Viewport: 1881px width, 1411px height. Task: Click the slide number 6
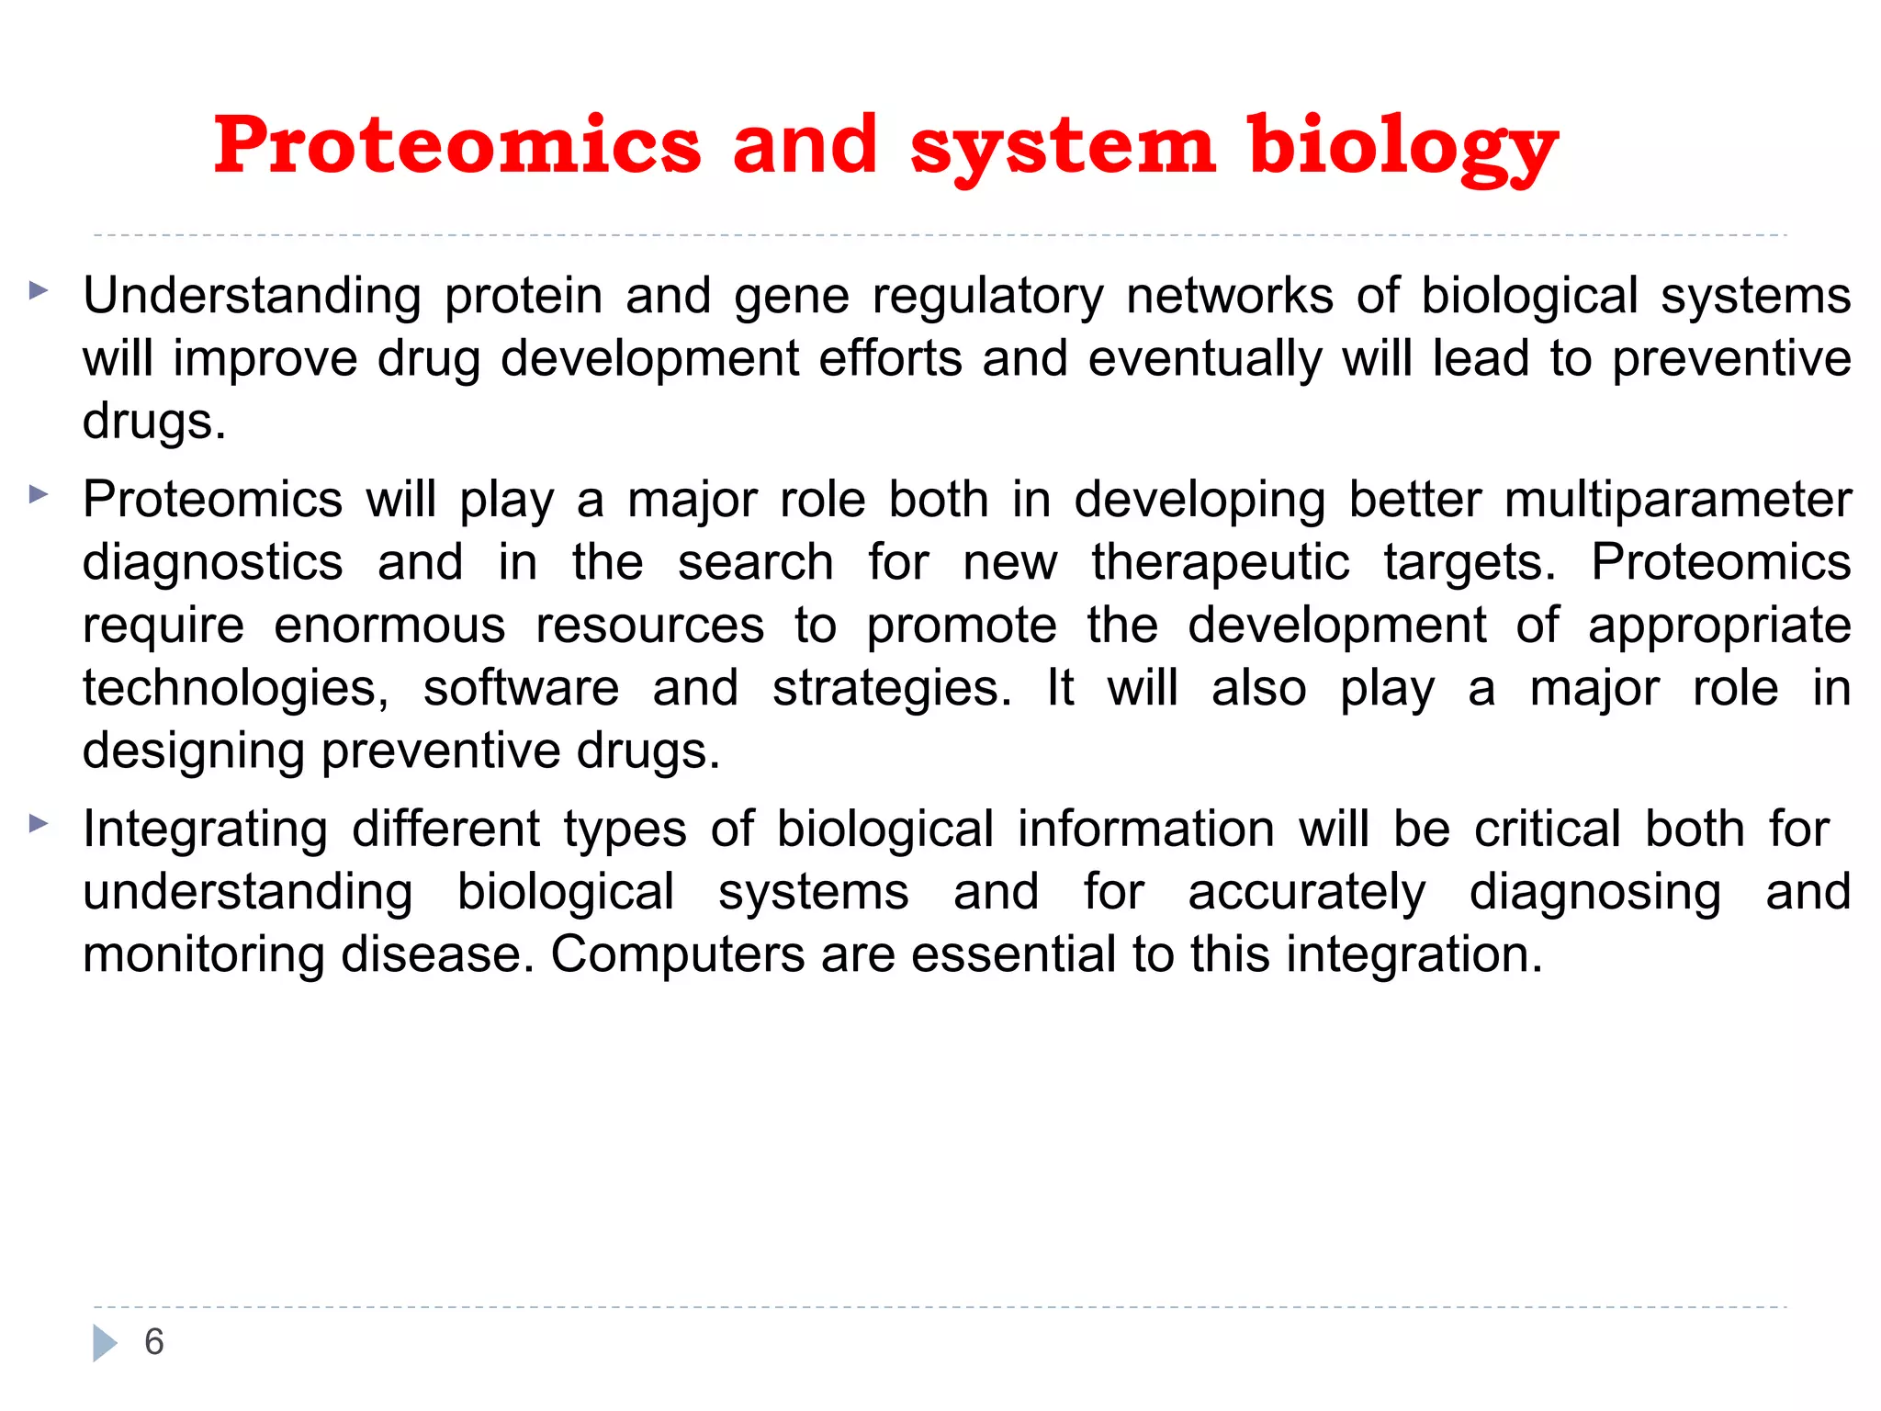(x=154, y=1342)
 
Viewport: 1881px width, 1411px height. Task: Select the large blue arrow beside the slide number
(x=105, y=1343)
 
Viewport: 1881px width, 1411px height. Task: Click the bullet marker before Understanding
(x=38, y=291)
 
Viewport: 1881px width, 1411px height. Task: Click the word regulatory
(x=987, y=297)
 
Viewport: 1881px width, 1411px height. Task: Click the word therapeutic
(x=1221, y=563)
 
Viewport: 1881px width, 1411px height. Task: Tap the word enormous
(x=389, y=626)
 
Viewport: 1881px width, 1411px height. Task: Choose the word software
(x=521, y=688)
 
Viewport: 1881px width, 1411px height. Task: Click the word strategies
(x=891, y=688)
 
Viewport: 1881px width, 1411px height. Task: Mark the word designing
(x=193, y=751)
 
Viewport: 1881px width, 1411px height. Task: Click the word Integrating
(x=205, y=830)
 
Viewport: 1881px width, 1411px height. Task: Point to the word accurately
(x=1306, y=892)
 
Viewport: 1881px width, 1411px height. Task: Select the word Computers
(x=677, y=954)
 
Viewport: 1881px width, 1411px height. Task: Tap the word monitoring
(x=203, y=954)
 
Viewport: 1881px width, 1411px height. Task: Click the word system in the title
(x=1063, y=147)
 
